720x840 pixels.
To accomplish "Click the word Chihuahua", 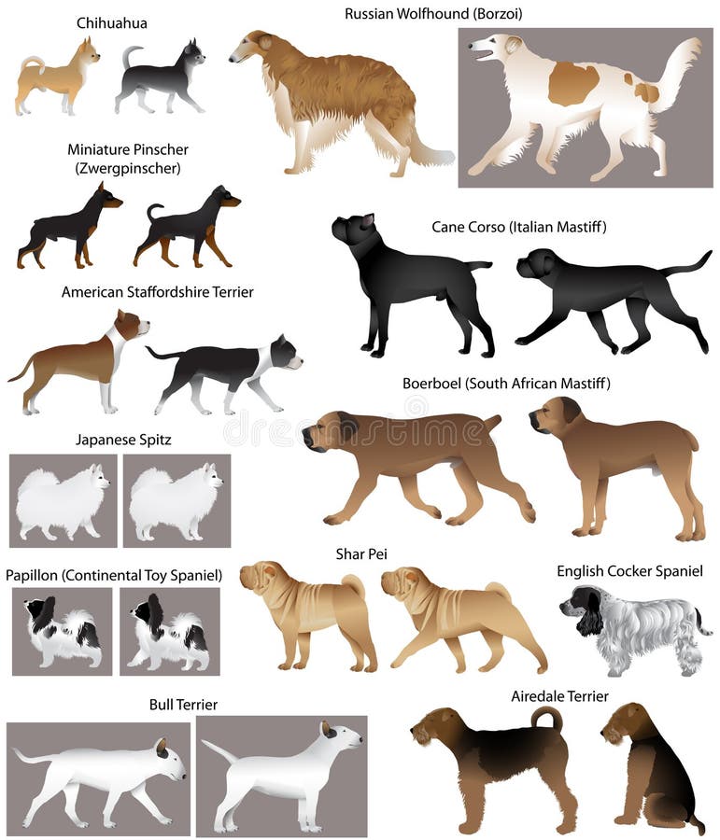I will click(111, 22).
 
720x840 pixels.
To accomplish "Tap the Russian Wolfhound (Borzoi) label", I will click(433, 14).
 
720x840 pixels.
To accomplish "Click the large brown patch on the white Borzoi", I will click(572, 83).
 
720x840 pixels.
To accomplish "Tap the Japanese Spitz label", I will click(123, 439).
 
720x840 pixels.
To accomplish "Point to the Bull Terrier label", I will click(183, 704).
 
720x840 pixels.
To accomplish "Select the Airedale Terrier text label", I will click(559, 695).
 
